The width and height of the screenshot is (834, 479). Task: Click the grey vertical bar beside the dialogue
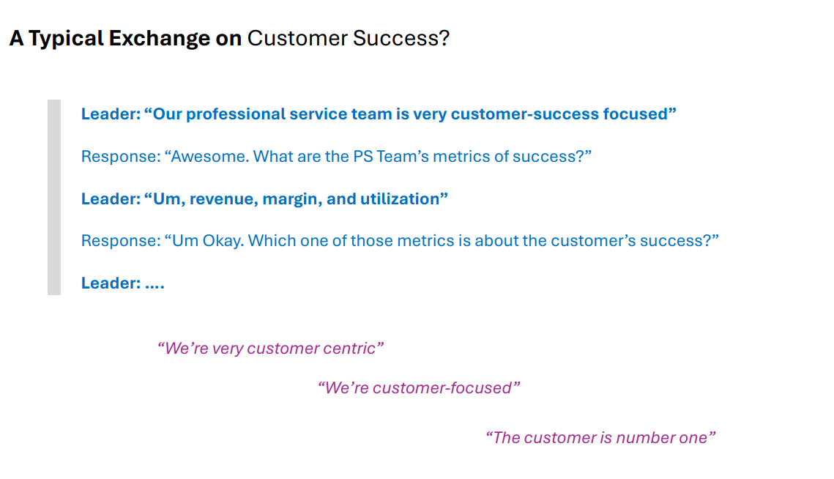coord(54,197)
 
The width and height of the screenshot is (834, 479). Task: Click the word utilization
coord(400,199)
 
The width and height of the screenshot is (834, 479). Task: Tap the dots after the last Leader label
coord(154,283)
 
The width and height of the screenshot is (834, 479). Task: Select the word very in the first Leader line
coord(430,114)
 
